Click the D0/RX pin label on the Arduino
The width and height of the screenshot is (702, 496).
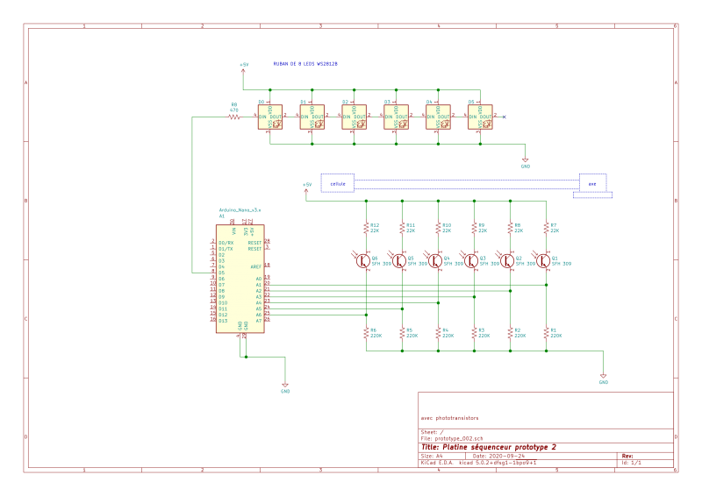226,243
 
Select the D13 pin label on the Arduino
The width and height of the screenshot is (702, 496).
223,321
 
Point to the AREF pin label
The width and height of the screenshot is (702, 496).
255,266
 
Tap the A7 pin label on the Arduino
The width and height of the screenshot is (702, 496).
258,321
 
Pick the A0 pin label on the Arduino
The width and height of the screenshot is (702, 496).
258,279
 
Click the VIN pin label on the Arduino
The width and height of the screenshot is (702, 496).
234,231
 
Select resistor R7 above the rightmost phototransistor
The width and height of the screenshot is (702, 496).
546,228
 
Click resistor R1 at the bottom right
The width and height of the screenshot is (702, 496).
546,333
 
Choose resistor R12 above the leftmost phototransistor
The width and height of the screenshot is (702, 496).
367,228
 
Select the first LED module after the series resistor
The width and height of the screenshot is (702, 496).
270,117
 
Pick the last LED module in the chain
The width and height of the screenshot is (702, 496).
480,117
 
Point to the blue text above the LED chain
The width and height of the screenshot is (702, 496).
305,64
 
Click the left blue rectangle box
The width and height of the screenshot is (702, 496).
338,182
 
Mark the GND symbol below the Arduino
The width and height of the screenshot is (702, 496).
285,386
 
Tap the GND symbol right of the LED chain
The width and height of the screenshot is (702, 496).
526,161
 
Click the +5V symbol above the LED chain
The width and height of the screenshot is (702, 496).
244,66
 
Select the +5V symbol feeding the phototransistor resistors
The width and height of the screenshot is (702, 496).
306,187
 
